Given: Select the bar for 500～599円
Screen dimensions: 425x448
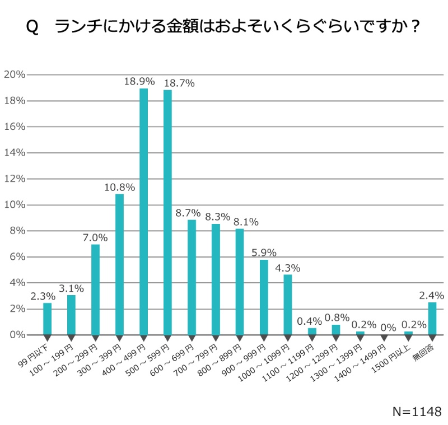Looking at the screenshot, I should point(167,212).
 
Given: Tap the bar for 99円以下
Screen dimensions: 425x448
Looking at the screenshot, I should point(47,319).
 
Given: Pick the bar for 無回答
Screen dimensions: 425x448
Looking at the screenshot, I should point(432,319).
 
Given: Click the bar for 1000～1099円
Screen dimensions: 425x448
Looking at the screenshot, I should point(288,305).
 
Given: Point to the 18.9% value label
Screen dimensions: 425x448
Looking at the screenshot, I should point(139,82).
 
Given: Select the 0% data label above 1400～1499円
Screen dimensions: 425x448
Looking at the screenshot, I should point(385,326).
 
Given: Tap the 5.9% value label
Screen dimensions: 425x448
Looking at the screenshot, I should point(264,253).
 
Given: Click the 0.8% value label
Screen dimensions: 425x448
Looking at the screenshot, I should point(336,317).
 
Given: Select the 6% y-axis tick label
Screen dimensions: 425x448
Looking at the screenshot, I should point(17,257).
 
